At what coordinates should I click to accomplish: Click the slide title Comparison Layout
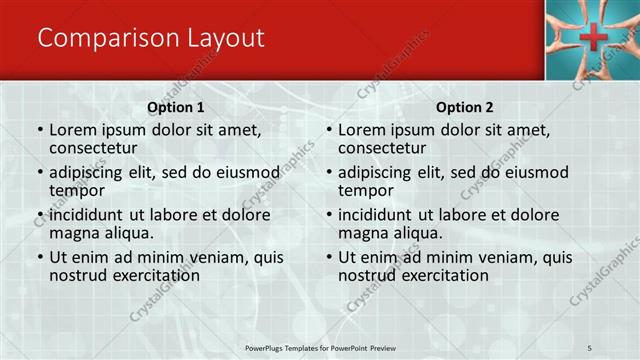[151, 38]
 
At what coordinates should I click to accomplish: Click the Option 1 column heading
[176, 107]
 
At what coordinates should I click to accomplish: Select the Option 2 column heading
[465, 107]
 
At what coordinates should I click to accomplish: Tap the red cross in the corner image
[593, 37]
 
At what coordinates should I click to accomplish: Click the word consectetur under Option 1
[92, 148]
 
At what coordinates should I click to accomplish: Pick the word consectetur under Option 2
[381, 148]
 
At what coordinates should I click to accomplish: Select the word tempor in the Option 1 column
[76, 190]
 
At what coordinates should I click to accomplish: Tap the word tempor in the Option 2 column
[365, 190]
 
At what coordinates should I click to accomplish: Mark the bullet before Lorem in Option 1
[39, 130]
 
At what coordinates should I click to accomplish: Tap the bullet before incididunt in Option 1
[39, 215]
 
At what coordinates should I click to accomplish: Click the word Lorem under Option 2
[362, 130]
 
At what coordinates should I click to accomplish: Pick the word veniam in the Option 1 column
[201, 257]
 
